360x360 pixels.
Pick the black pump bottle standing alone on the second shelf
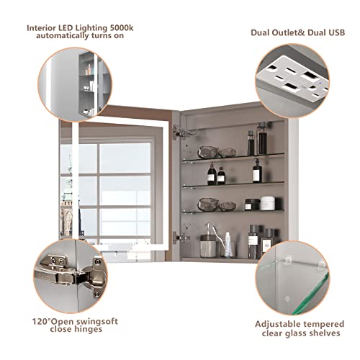[257, 171]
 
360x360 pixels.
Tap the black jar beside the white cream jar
[251, 204]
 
